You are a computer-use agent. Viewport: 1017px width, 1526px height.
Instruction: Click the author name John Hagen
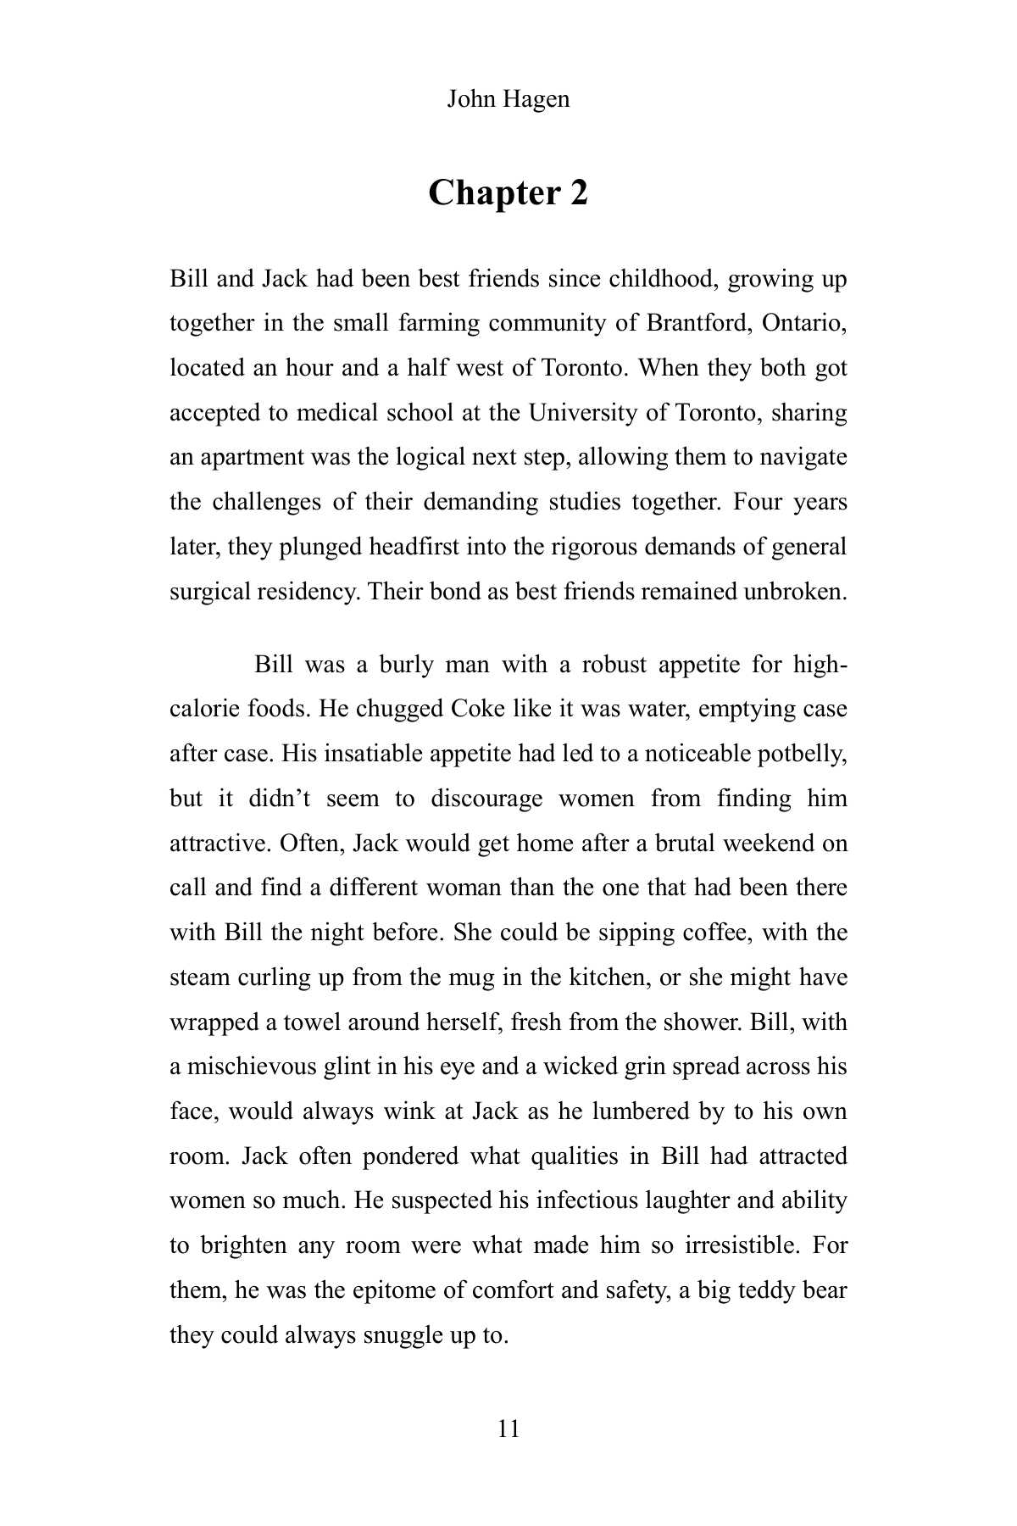(x=508, y=99)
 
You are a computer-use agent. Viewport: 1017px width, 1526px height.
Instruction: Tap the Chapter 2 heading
(x=508, y=193)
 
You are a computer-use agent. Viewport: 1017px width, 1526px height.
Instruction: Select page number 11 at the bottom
(x=508, y=1429)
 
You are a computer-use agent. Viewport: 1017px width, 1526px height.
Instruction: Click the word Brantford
(x=696, y=323)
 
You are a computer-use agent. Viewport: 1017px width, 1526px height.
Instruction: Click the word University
(x=581, y=413)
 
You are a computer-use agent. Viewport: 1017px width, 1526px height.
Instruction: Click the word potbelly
(x=801, y=754)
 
